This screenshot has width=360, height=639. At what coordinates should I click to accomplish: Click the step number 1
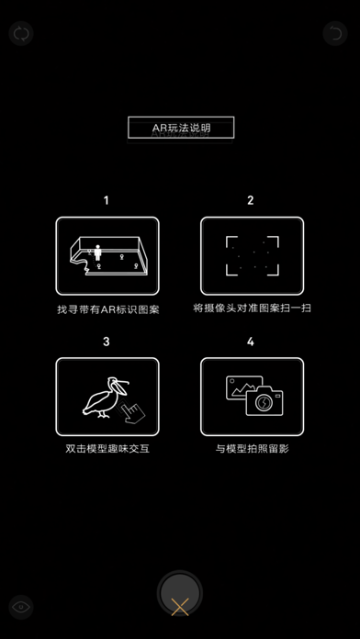tap(107, 200)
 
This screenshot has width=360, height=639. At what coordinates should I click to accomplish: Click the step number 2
tap(251, 200)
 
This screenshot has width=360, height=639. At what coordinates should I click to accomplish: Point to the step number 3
tap(107, 342)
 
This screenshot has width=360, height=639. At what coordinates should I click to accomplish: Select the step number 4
tap(251, 342)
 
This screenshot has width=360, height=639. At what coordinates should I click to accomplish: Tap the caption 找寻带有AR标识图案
tap(107, 309)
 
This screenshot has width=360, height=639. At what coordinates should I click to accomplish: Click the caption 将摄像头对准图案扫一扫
tap(252, 308)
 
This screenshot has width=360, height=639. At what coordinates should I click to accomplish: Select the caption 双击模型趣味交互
tap(107, 450)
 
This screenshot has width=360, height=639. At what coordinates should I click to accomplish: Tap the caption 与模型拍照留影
tap(251, 450)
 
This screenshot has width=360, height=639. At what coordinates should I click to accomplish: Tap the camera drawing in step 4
tap(264, 402)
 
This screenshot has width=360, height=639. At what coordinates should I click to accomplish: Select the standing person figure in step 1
tap(99, 252)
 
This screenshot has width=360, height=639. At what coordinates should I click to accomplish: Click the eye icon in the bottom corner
tap(20, 605)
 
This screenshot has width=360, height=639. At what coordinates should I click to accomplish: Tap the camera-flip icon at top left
tap(20, 34)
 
